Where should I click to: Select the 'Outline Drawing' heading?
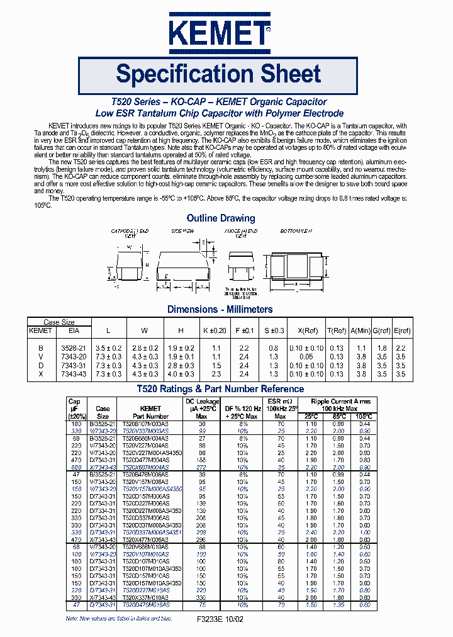pos(221,218)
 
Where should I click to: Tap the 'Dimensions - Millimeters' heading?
pos(220,309)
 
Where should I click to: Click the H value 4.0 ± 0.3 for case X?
pos(181,373)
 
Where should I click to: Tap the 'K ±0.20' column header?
pos(214,330)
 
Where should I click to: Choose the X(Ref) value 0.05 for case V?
pos(310,356)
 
